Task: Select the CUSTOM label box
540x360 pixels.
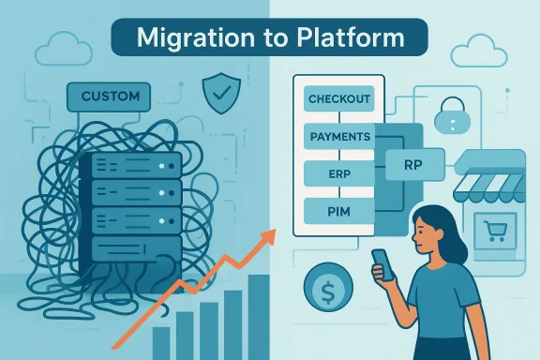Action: pos(110,96)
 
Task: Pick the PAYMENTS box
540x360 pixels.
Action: pos(337,137)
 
